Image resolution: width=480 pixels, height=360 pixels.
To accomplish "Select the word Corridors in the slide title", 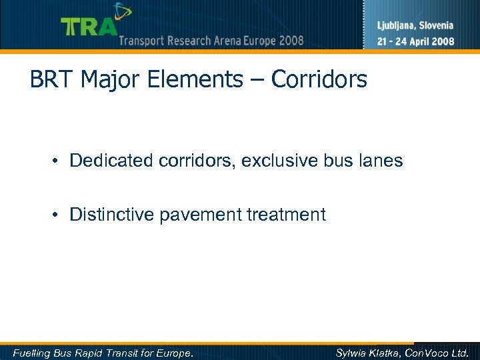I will click(x=319, y=80).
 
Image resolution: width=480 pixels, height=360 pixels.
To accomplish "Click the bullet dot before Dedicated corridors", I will click(x=59, y=161).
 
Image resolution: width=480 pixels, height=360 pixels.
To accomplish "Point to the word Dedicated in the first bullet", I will click(x=110, y=161).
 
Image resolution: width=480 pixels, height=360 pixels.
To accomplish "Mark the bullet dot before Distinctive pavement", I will click(x=59, y=215).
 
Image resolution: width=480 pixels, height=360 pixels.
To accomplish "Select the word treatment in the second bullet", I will click(x=287, y=215).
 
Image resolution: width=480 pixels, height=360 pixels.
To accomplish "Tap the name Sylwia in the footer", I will click(x=352, y=353).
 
